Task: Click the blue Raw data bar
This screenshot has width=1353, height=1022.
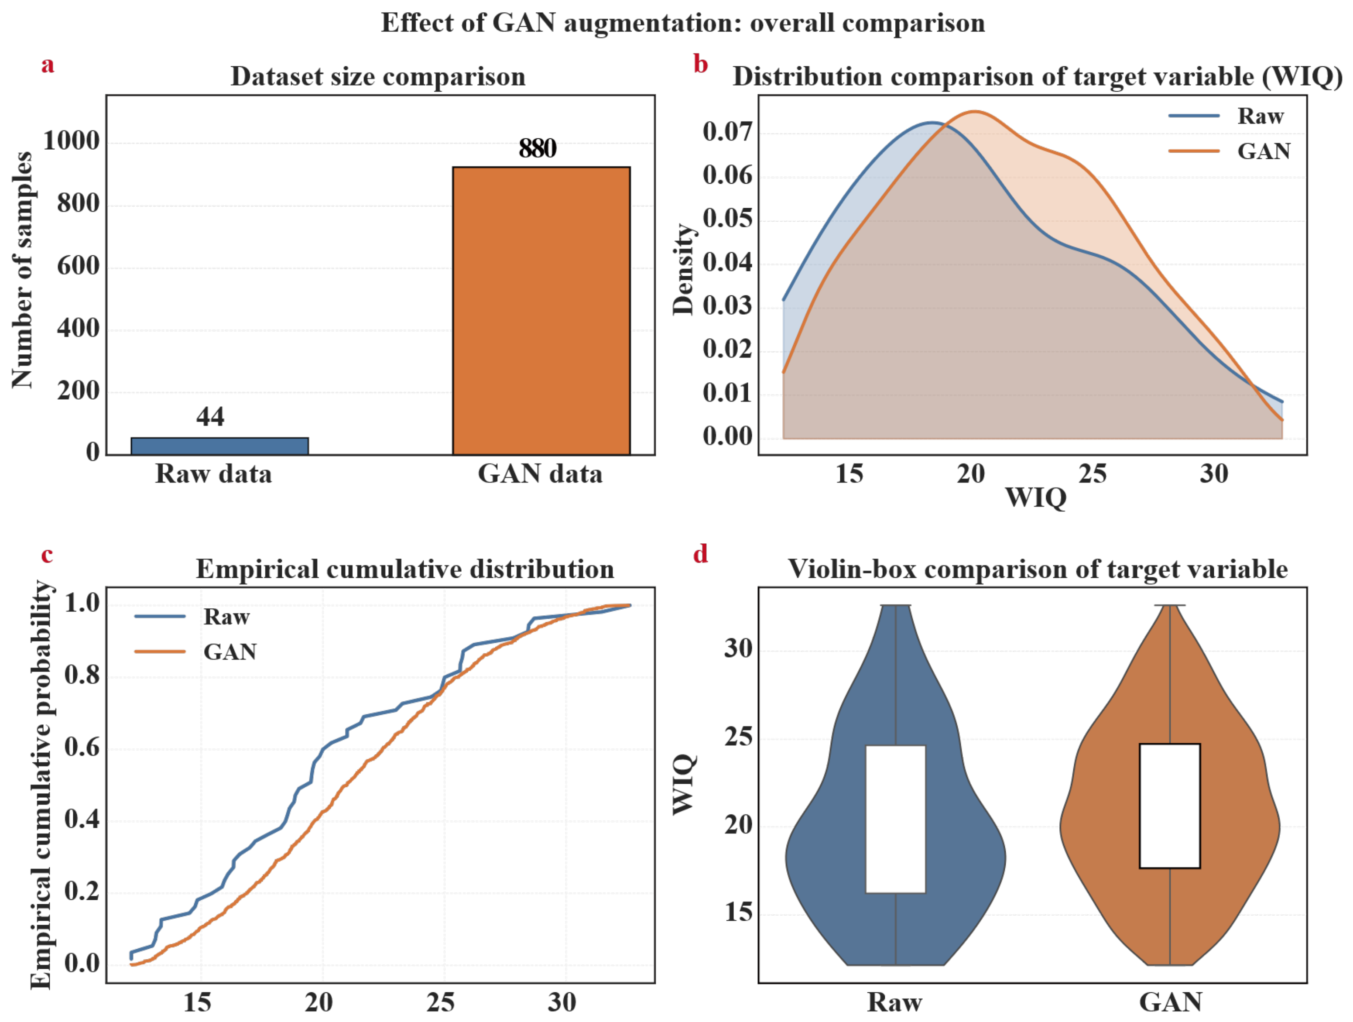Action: tap(219, 446)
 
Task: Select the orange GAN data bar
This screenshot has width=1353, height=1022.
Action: tap(541, 311)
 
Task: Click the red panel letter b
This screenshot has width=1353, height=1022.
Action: tap(701, 64)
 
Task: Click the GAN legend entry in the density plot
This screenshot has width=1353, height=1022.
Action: tap(1230, 151)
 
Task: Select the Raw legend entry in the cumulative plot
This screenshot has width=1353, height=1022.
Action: tap(192, 617)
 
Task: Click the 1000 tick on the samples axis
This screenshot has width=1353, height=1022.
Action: tap(71, 141)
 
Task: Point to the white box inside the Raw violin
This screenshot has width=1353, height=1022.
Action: tap(895, 819)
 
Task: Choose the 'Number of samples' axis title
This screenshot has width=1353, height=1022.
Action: tap(23, 270)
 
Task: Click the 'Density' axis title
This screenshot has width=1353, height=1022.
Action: tap(683, 269)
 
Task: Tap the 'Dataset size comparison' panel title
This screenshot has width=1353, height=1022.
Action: tap(378, 76)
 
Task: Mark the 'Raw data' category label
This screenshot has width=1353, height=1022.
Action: tap(213, 474)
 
